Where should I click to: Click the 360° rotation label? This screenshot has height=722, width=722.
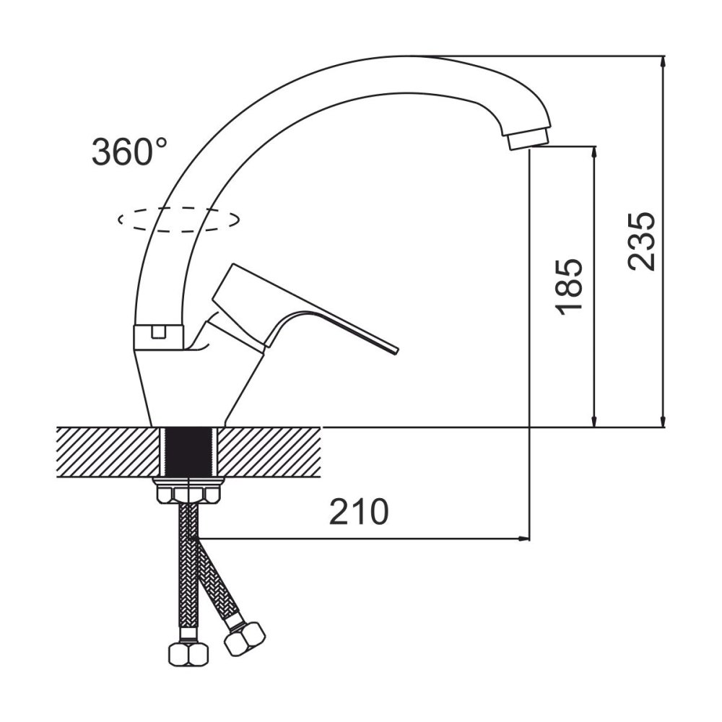[129, 152]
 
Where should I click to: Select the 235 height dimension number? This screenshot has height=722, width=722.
[640, 241]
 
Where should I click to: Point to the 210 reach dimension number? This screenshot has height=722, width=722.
[359, 512]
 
